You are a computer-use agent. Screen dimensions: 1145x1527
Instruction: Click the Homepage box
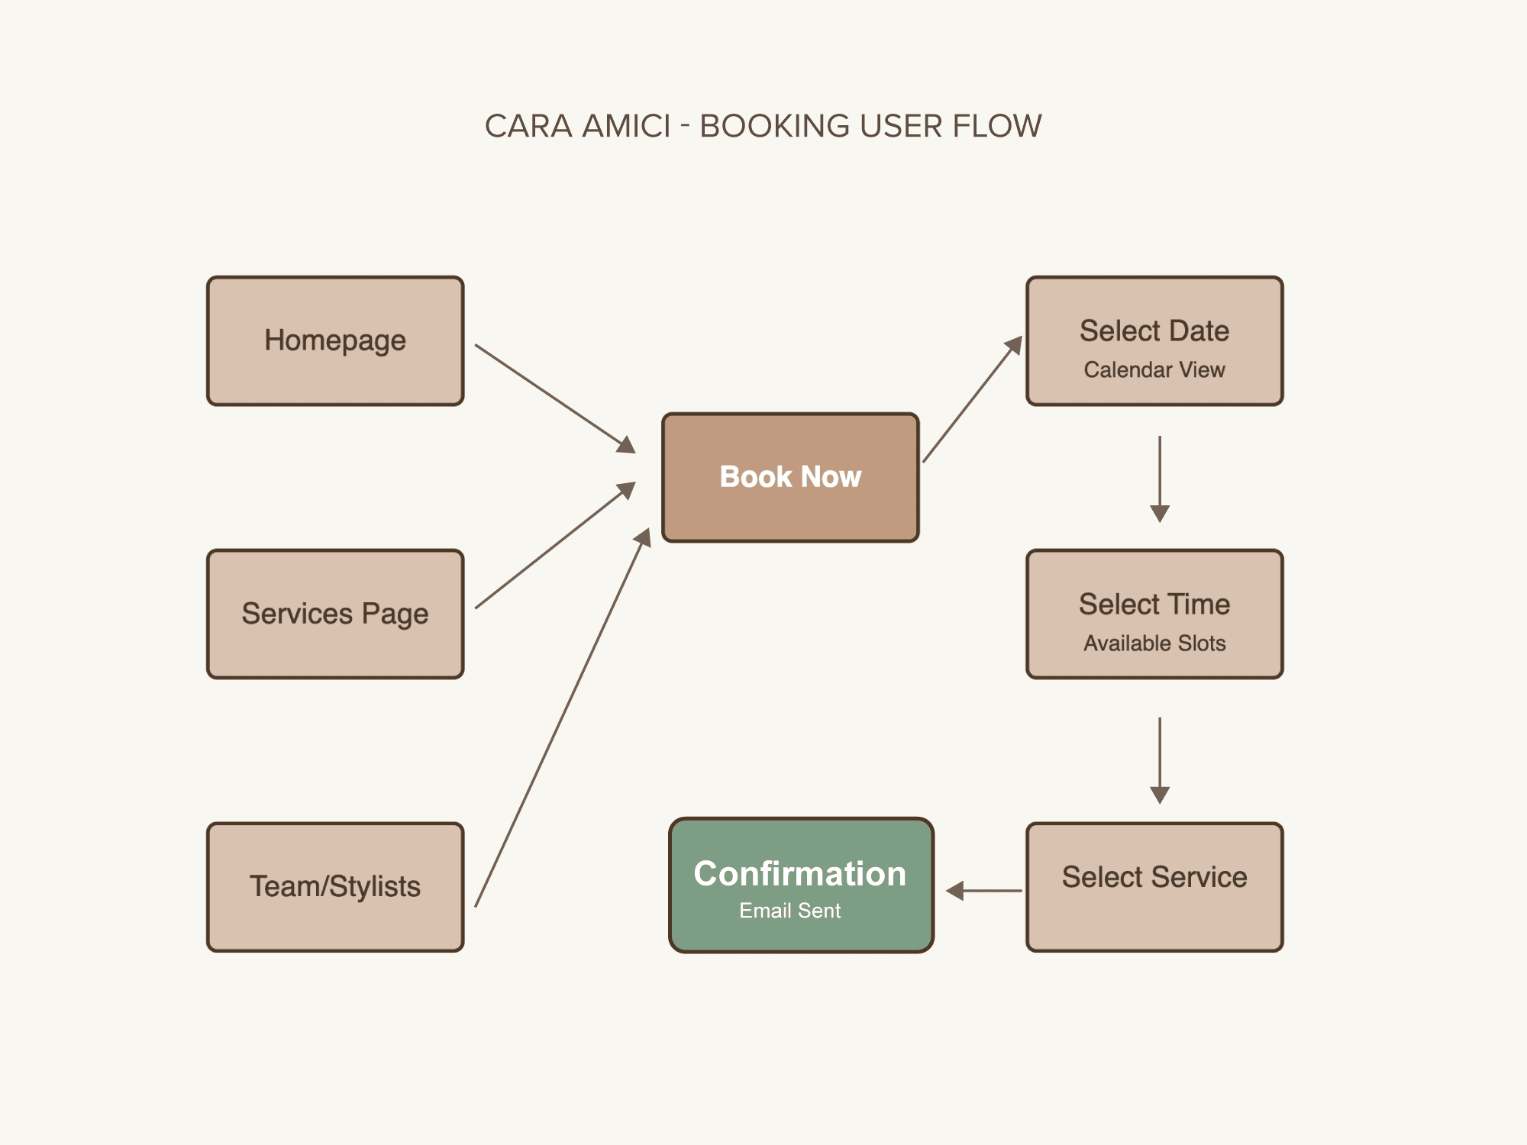tap(335, 340)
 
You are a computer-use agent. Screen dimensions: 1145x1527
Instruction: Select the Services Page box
tap(335, 614)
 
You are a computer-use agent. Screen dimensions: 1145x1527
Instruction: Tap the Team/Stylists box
tap(335, 887)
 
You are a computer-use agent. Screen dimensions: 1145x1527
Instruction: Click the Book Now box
tap(790, 477)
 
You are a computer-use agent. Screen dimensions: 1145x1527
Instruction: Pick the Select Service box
tap(1154, 887)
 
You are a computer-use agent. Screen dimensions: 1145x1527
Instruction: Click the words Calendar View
tap(1154, 370)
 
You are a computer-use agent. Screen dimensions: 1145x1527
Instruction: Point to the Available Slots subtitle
tap(1154, 643)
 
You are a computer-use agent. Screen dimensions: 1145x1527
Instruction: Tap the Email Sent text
tap(789, 911)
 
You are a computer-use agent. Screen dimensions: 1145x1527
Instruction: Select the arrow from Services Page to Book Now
tap(555, 545)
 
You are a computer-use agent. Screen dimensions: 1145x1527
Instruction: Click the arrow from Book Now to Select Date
tap(972, 399)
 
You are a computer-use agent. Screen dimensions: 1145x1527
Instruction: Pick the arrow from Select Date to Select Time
tap(1160, 479)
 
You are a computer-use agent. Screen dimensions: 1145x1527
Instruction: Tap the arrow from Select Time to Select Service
tap(1160, 760)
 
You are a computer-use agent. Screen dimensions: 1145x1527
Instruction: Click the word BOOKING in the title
tap(774, 126)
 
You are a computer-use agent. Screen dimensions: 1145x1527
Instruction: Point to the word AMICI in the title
tap(626, 126)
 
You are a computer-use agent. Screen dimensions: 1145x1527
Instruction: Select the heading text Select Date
tap(1154, 331)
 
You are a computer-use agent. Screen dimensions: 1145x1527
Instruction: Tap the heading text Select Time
tap(1154, 605)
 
